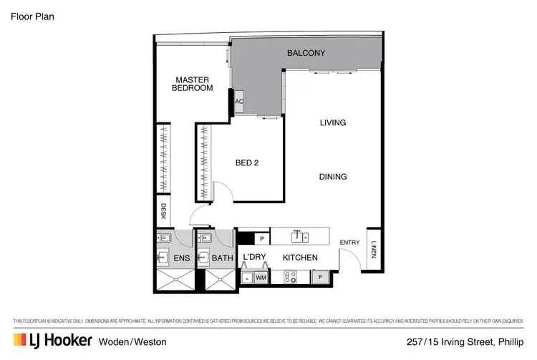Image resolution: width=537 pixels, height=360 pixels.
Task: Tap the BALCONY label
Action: [306, 53]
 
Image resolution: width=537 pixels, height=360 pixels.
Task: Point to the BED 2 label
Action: [246, 163]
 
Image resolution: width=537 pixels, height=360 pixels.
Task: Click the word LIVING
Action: [332, 123]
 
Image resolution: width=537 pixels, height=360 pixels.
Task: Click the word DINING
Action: [332, 177]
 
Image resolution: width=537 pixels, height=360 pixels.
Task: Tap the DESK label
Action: [163, 212]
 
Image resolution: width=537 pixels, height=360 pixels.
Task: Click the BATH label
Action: [221, 257]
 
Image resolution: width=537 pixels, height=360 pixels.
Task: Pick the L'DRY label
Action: [254, 257]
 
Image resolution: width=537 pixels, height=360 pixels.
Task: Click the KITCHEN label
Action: [299, 257]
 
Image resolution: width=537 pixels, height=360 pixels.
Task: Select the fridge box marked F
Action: [321, 275]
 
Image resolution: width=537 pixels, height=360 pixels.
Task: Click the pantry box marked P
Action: [262, 238]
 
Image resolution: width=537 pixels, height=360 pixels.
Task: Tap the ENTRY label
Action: [350, 243]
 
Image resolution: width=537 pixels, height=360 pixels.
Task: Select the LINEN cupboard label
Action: [374, 249]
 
